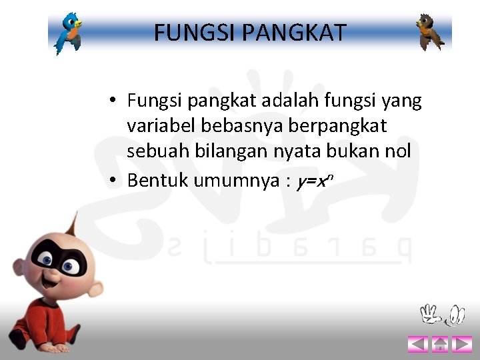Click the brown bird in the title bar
[x=429, y=32]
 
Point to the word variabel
[x=156, y=126]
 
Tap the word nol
[x=397, y=151]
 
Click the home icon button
[x=439, y=344]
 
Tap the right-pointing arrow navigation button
[x=461, y=344]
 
